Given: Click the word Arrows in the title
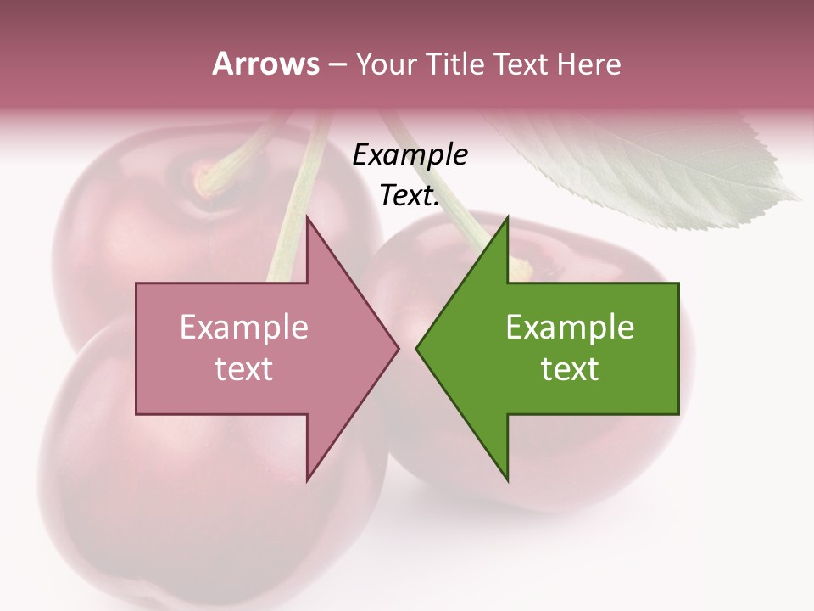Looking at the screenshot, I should pyautogui.click(x=265, y=64).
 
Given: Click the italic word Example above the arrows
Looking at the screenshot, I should pyautogui.click(x=410, y=155).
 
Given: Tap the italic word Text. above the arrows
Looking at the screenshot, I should pyautogui.click(x=410, y=196).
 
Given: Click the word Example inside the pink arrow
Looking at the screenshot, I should pyautogui.click(x=243, y=327).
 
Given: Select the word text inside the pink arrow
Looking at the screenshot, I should pyautogui.click(x=243, y=369).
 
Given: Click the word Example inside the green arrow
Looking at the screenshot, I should pyautogui.click(x=570, y=327).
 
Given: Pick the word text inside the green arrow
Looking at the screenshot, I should pyautogui.click(x=570, y=369).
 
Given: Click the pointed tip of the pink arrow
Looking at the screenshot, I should pyautogui.click(x=398, y=348).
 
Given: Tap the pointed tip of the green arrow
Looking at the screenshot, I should pyautogui.click(x=417, y=348).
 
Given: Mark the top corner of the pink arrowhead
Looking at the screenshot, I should pyautogui.click(x=307, y=218).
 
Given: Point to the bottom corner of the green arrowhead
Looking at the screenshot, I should pyautogui.click(x=507, y=479).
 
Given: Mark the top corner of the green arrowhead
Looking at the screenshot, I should pyautogui.click(x=507, y=218).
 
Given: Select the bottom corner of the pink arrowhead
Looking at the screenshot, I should pyautogui.click(x=307, y=479).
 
